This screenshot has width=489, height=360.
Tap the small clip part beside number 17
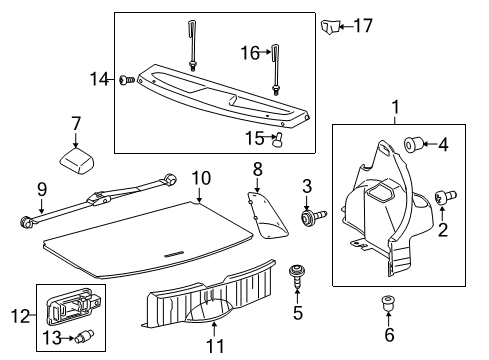331,25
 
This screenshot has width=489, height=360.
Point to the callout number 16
251,52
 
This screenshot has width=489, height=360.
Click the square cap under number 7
76,157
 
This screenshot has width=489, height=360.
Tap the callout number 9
41,187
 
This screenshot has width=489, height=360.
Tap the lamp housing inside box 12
79,304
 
